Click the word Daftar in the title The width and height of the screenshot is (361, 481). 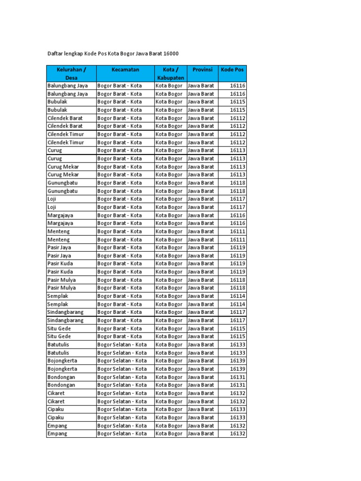click(55, 54)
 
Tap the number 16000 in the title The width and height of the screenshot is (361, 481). click(171, 54)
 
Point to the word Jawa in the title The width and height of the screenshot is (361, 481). click(141, 54)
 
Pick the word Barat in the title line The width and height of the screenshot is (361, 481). click(156, 54)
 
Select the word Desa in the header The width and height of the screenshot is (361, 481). click(71, 78)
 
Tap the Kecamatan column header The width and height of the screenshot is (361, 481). click(125, 70)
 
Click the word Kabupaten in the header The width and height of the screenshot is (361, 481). click(170, 78)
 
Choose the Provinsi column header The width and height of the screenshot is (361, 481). click(202, 70)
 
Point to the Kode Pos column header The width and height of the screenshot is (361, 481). click(232, 70)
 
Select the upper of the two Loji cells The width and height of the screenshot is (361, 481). click(52, 199)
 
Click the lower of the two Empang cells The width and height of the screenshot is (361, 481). click(57, 434)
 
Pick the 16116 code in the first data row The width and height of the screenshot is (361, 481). click(237, 86)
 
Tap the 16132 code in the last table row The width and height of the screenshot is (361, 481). click(237, 434)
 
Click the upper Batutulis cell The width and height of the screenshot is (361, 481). click(58, 344)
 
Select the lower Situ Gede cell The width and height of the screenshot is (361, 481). click(59, 336)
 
